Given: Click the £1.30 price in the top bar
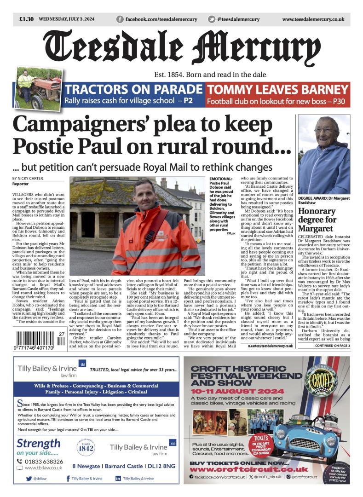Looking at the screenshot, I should pyautogui.click(x=26, y=19).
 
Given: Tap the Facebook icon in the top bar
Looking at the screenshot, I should pyautogui.click(x=120, y=19).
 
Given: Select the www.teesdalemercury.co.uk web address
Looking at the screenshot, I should pyautogui.click(x=313, y=19).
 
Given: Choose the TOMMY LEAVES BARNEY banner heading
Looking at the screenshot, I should pyautogui.click(x=277, y=89).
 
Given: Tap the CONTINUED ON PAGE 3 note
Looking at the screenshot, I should pyautogui.click(x=333, y=346).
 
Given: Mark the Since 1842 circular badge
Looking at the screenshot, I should pyautogui.click(x=86, y=447).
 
